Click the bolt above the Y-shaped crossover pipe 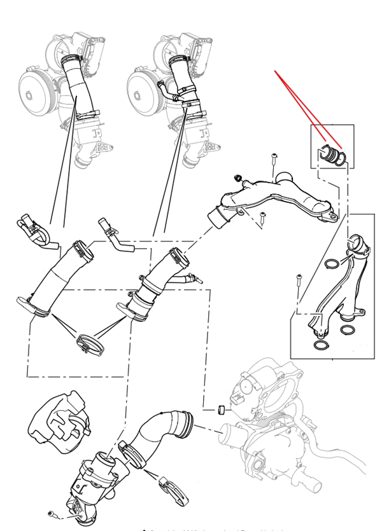272,158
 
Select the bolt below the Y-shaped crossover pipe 262,219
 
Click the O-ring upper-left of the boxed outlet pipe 332,263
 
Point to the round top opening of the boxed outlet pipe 355,243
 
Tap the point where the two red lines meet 276,71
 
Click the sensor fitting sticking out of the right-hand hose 194,277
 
